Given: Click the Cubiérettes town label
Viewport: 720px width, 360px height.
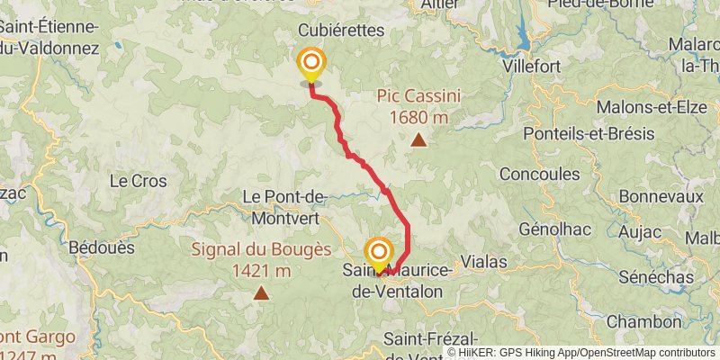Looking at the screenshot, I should [x=341, y=31].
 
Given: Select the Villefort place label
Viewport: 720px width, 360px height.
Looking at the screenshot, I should [x=532, y=67].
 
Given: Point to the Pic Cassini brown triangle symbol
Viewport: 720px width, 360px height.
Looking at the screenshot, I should [x=418, y=139].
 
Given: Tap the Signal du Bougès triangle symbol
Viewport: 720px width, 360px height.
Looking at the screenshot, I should [x=261, y=292].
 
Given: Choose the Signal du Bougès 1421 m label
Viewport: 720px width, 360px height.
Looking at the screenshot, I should [x=261, y=260].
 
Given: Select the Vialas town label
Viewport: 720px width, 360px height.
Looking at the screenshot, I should [x=483, y=262].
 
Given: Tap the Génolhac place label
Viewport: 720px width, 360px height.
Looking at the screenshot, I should [x=555, y=229].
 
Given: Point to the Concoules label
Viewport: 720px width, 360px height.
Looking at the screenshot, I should [x=539, y=174].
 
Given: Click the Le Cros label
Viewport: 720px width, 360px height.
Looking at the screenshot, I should [x=138, y=181].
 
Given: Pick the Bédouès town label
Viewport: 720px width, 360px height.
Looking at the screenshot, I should [x=102, y=247].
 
